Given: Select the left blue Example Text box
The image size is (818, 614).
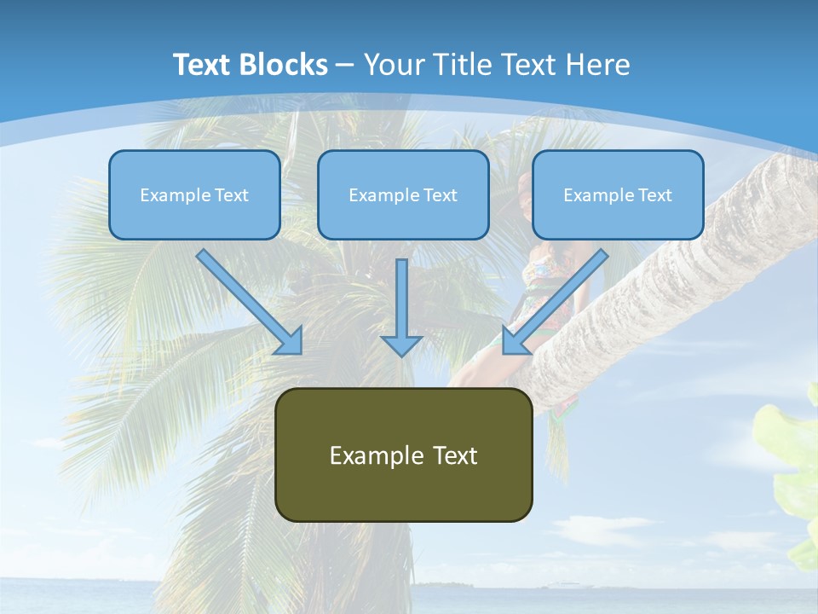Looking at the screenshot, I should point(194,194).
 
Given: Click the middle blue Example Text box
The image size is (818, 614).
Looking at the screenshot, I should point(403,194).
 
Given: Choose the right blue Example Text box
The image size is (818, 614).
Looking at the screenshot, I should point(618,194).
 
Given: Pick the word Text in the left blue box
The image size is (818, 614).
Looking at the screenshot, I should point(232,195).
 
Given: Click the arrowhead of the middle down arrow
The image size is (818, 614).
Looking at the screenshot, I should point(401,344).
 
